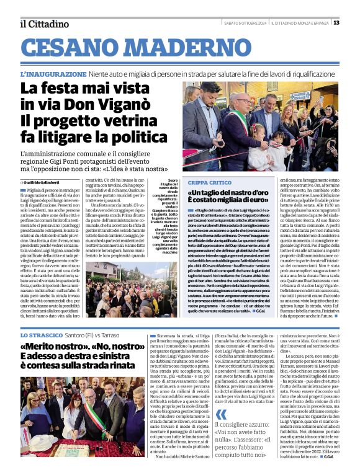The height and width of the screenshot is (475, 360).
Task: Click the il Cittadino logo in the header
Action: coord(44,24)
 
